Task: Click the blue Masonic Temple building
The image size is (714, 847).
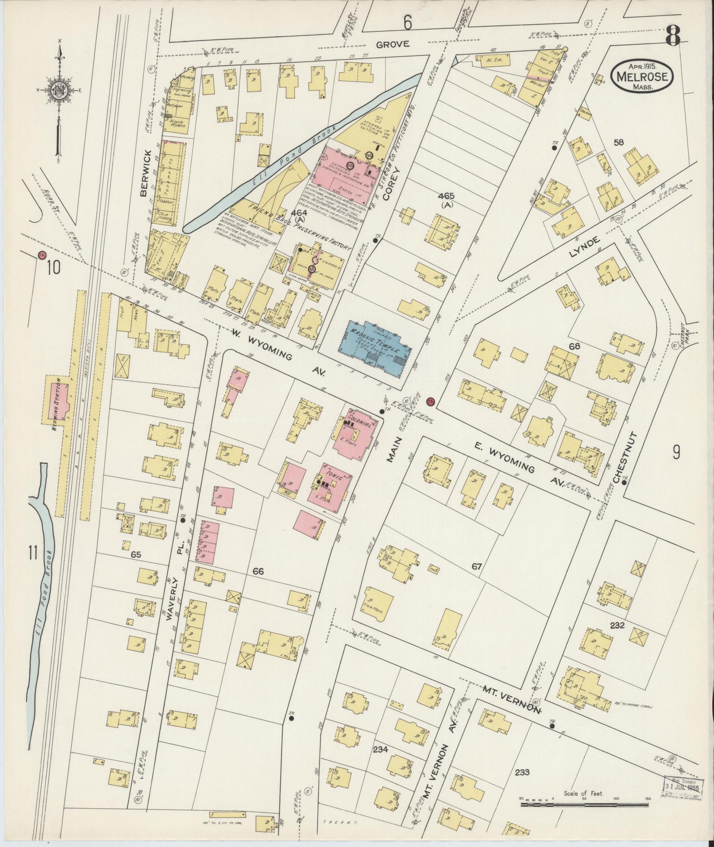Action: click(376, 348)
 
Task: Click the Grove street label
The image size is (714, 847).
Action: click(393, 44)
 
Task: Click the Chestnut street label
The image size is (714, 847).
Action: click(619, 456)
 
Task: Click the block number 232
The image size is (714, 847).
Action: click(616, 626)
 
